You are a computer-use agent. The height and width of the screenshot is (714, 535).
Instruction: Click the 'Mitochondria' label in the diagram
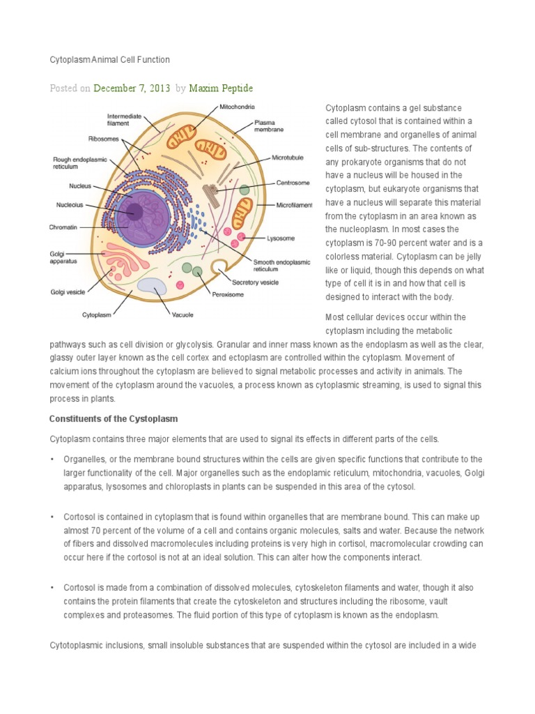(237, 107)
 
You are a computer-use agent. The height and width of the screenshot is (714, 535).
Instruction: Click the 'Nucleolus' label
(70, 205)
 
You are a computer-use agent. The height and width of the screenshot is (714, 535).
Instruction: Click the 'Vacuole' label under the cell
(183, 314)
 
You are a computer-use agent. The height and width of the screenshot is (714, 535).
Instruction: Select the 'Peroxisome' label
(228, 294)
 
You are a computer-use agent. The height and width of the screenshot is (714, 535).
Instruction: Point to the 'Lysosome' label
(281, 238)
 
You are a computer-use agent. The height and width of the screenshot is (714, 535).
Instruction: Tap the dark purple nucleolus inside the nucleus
(134, 212)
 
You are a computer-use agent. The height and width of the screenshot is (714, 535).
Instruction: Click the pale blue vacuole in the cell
(152, 284)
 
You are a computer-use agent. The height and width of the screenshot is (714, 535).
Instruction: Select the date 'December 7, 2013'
(132, 89)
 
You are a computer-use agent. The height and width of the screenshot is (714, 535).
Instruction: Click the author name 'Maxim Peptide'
(224, 89)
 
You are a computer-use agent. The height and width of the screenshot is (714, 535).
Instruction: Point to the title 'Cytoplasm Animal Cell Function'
(109, 60)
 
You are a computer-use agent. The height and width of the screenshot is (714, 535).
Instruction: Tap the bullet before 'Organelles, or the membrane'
(52, 459)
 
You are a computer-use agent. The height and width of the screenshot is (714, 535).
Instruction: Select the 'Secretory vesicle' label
(255, 282)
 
